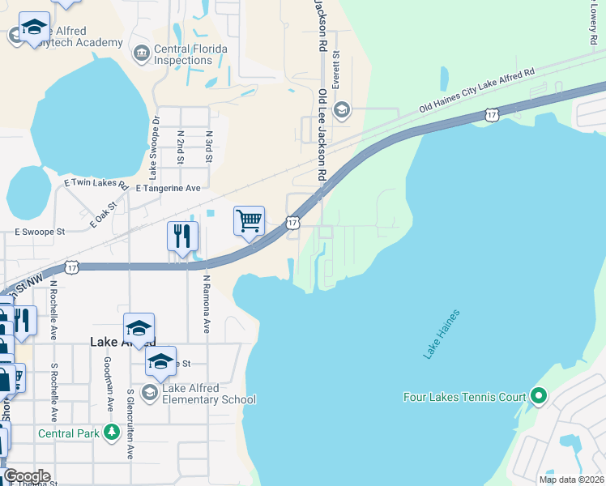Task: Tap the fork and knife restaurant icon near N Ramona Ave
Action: point(182,237)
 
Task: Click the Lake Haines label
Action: point(442,334)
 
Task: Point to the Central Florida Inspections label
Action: point(191,54)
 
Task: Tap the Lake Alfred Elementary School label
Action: point(209,394)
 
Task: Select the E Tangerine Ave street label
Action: point(169,188)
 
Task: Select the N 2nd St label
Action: point(180,147)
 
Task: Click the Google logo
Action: point(27,476)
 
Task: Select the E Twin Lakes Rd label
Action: point(96,184)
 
